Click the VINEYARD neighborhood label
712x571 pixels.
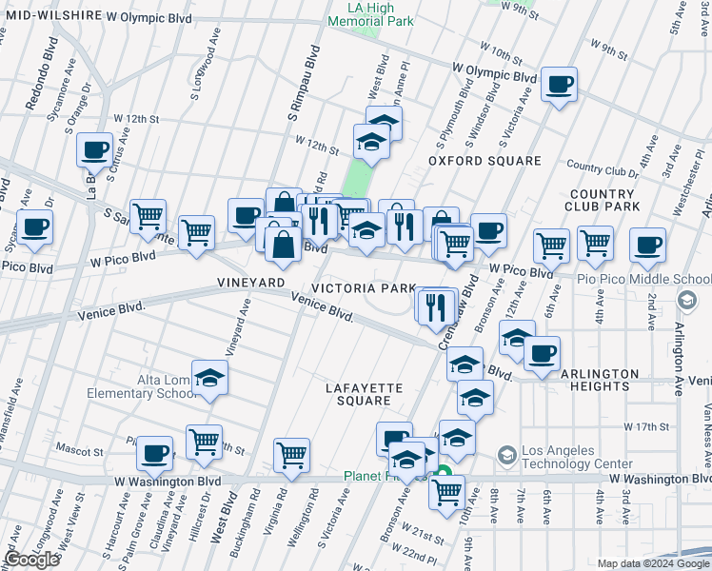tap(250, 284)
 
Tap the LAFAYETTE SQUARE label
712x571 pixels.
tap(365, 394)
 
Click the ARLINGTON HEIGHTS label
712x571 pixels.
tap(600, 380)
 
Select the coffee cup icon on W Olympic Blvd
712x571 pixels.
tap(559, 85)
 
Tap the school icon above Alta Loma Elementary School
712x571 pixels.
tap(210, 379)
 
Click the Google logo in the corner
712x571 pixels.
tap(31, 560)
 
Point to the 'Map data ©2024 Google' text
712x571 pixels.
tap(653, 563)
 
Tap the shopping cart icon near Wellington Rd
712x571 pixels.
tap(291, 455)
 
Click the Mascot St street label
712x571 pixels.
tap(80, 451)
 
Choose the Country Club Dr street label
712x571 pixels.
tap(602, 169)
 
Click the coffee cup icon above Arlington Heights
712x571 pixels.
tap(542, 353)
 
